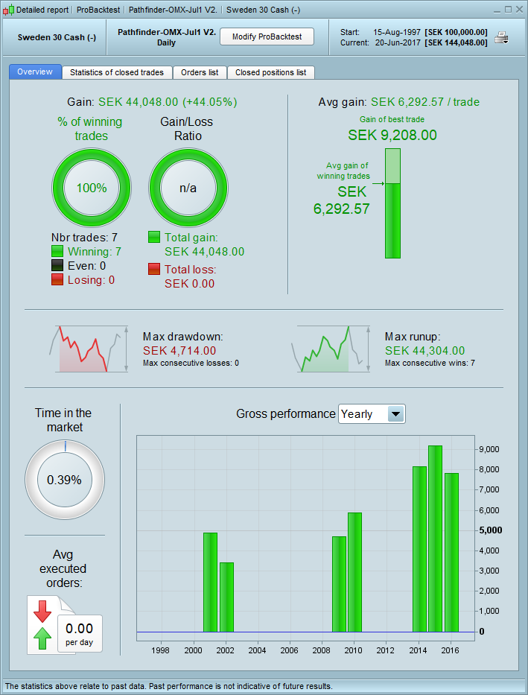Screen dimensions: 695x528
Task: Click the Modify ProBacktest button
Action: (x=267, y=37)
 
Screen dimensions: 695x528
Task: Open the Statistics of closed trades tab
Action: (x=117, y=72)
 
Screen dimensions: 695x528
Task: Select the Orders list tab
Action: (x=200, y=72)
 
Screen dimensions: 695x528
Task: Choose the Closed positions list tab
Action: (x=270, y=72)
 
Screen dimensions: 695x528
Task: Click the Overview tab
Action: (x=35, y=72)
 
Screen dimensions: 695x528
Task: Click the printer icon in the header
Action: (x=502, y=38)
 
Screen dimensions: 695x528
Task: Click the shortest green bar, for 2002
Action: (x=226, y=597)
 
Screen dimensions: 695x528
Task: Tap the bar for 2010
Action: (x=354, y=572)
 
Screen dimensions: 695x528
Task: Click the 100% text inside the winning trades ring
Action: (x=92, y=188)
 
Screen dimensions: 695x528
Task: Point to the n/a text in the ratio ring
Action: (x=188, y=188)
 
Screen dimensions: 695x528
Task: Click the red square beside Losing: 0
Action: (x=57, y=279)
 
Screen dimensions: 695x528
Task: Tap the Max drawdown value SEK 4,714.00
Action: (x=179, y=350)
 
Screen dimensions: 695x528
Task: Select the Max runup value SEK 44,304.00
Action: (x=424, y=350)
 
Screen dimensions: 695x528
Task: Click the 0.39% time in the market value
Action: (x=64, y=480)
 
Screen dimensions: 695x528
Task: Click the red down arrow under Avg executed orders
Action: (x=42, y=611)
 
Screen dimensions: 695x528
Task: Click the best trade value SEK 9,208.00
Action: (x=392, y=135)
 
